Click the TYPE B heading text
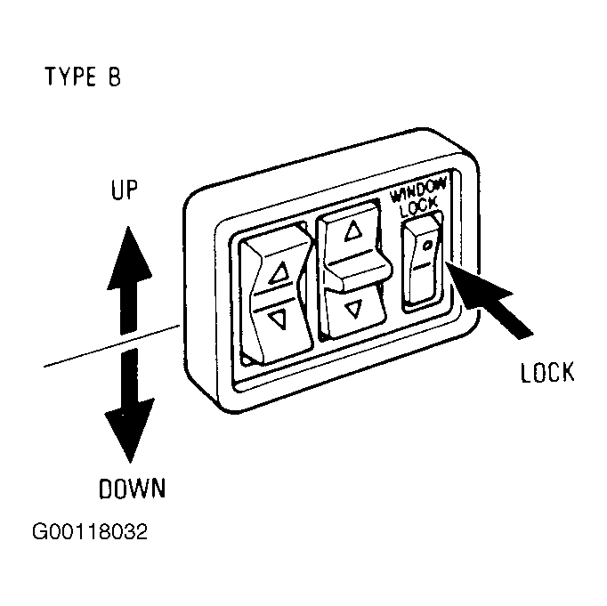(84, 77)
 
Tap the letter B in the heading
(114, 77)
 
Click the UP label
(125, 190)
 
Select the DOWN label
(133, 489)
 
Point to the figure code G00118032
(90, 531)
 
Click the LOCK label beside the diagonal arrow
(547, 373)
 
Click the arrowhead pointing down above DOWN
(130, 431)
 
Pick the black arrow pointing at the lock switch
(489, 299)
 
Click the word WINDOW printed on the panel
(418, 190)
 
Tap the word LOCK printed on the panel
(419, 207)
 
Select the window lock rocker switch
(422, 263)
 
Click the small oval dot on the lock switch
(427, 245)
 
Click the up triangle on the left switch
(279, 272)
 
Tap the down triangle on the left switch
(278, 319)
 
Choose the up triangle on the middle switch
(353, 230)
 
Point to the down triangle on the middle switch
(353, 309)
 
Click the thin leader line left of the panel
(111, 346)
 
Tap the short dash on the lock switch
(422, 266)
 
